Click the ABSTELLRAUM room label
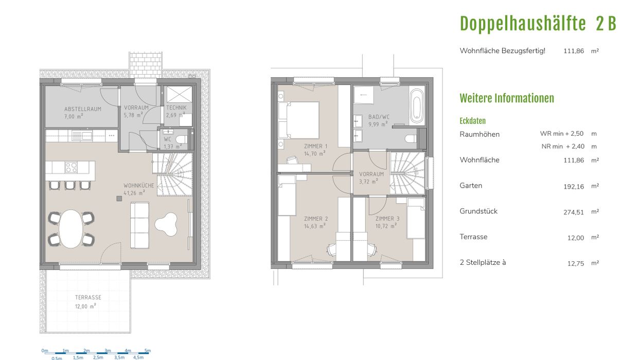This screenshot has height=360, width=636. pyautogui.click(x=83, y=109)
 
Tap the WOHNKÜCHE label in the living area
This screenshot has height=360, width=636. pyautogui.click(x=138, y=186)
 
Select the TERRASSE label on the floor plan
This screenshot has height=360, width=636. pyautogui.click(x=88, y=297)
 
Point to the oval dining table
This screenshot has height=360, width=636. pyautogui.click(x=71, y=229)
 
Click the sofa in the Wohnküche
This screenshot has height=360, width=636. pyautogui.click(x=139, y=225)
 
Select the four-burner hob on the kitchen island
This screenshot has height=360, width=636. pyautogui.click(x=71, y=167)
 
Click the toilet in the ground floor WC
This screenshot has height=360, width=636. pyautogui.click(x=182, y=139)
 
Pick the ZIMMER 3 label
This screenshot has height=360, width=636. pyautogui.click(x=387, y=219)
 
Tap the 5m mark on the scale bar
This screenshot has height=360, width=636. pyautogui.click(x=148, y=351)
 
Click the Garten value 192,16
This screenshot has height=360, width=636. pyautogui.click(x=574, y=187)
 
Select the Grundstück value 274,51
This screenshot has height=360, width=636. pyautogui.click(x=574, y=212)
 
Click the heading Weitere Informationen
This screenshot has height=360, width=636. pyautogui.click(x=507, y=98)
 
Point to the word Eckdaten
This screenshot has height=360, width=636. pyautogui.click(x=472, y=121)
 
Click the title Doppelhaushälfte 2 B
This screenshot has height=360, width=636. pyautogui.click(x=538, y=24)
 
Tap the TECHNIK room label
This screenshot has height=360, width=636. pyautogui.click(x=176, y=108)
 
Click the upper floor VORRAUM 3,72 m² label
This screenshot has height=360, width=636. pyautogui.click(x=372, y=178)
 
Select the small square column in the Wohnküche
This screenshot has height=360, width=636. pyautogui.click(x=119, y=199)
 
